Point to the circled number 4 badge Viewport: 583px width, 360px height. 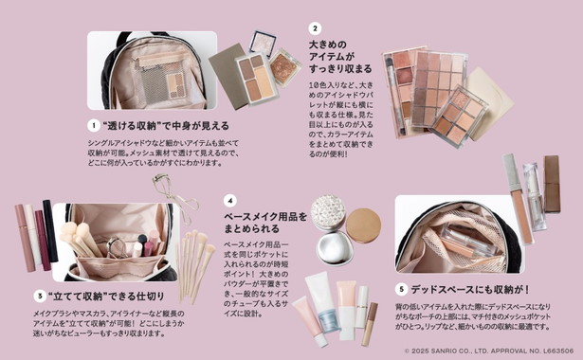[x=229, y=201]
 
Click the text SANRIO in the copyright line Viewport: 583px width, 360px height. [x=448, y=351]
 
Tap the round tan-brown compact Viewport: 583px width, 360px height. [x=362, y=225]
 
